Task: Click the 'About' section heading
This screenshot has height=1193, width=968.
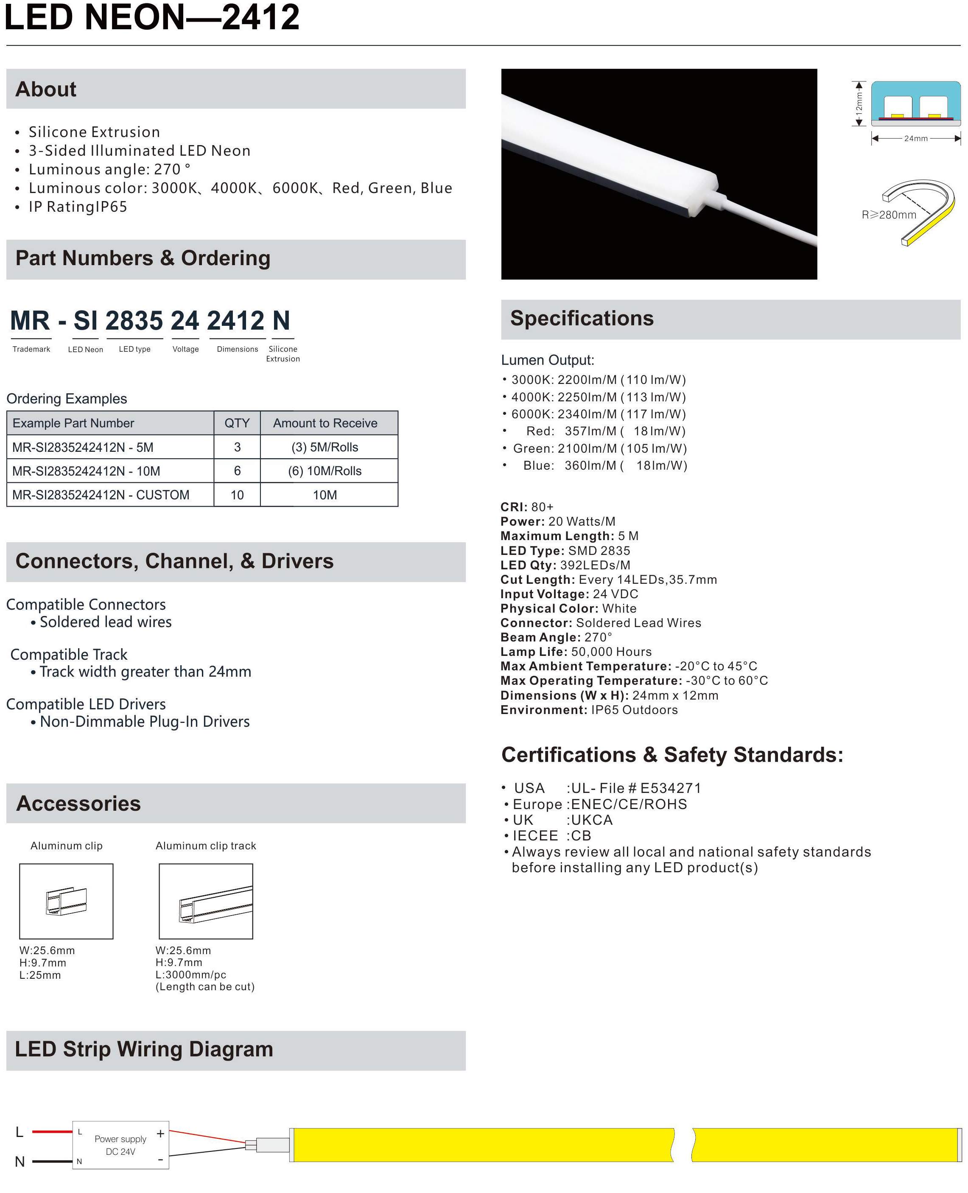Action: (x=46, y=89)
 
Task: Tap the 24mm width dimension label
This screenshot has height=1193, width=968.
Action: (x=915, y=138)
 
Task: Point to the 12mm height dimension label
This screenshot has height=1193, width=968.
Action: (x=859, y=104)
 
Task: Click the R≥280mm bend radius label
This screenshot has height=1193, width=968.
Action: (x=889, y=215)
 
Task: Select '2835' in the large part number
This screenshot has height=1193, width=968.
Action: (x=134, y=321)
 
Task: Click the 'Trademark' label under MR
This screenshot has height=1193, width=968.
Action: (x=31, y=349)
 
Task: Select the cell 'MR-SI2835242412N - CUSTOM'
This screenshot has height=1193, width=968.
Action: (x=101, y=495)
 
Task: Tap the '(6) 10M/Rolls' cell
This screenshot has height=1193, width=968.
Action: (x=325, y=471)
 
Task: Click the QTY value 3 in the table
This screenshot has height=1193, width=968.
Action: (x=237, y=447)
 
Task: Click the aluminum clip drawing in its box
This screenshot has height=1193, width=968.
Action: (x=66, y=901)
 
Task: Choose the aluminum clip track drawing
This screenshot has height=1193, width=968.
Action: (x=206, y=901)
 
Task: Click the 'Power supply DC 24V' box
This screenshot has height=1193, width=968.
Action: (x=120, y=1145)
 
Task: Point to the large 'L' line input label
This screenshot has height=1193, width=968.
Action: (x=20, y=1131)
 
